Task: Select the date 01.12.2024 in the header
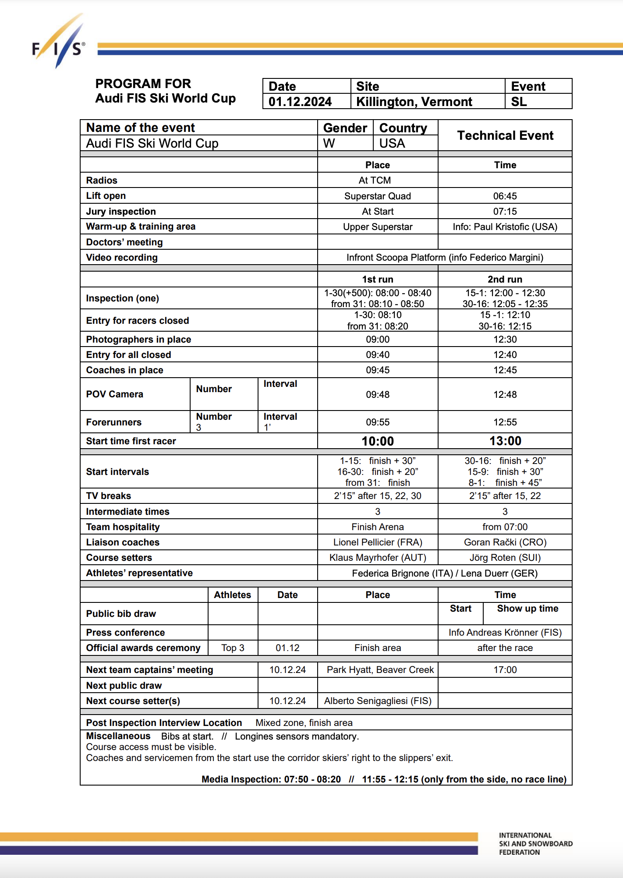[300, 102]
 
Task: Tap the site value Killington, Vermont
[414, 102]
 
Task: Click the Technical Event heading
[505, 135]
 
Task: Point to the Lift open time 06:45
[505, 196]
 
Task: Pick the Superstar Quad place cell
[378, 196]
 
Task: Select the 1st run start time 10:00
[378, 441]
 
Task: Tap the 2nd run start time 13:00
[505, 441]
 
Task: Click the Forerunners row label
[114, 422]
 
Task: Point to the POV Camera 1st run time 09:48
[378, 394]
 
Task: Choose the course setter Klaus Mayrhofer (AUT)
[378, 558]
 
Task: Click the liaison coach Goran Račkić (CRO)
[505, 542]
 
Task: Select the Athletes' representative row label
[139, 573]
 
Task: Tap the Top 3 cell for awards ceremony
[233, 648]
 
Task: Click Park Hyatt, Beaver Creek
[380, 670]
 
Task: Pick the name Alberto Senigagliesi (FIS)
[378, 701]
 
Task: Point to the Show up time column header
[527, 609]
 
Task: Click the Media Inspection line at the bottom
[384, 779]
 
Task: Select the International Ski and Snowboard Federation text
[535, 844]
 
